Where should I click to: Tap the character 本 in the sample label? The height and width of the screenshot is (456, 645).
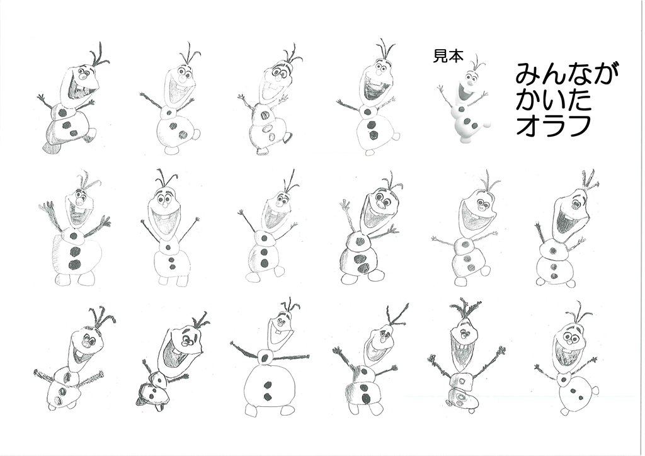point(456,55)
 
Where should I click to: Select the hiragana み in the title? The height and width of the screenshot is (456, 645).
point(527,74)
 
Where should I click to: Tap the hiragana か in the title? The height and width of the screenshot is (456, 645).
point(527,100)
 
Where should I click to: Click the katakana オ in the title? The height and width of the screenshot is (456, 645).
point(528,125)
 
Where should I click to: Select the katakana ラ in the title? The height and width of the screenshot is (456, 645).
point(553,125)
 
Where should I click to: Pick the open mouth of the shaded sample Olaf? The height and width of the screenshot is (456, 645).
point(464,93)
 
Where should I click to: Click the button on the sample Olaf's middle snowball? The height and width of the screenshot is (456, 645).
point(462,110)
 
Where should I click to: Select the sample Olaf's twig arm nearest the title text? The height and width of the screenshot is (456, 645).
point(486,97)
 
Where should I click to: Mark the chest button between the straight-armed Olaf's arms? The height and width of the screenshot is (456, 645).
point(265,356)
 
